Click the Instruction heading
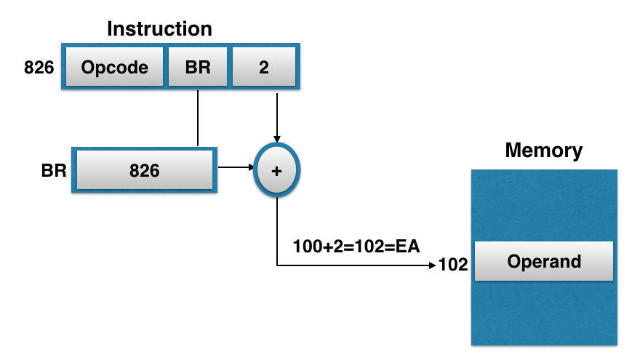159,29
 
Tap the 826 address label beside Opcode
39,68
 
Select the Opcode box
114,68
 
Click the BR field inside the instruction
198,68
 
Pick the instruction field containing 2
263,68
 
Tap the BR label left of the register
55,171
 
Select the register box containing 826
144,171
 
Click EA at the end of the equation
407,246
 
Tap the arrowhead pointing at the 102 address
432,265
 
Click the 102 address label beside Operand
453,265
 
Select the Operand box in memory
544,262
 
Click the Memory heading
543,151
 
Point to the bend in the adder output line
277,265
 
